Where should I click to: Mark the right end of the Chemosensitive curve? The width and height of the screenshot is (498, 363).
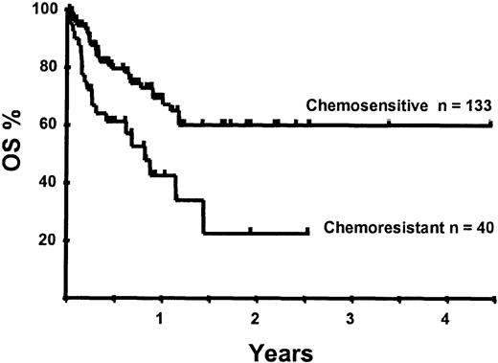(492, 124)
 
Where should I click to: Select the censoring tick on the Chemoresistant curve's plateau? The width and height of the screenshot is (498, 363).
(251, 230)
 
